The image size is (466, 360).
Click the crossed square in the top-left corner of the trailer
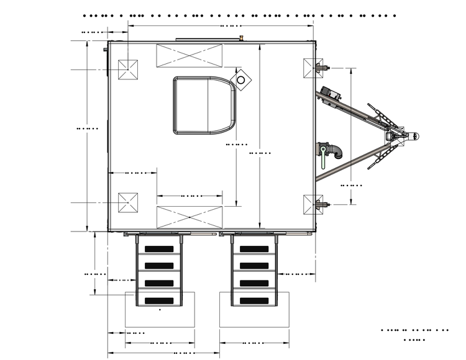click(128, 69)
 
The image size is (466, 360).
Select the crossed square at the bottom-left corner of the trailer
click(128, 202)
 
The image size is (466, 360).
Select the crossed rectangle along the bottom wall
click(189, 217)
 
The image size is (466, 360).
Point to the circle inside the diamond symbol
click(240, 79)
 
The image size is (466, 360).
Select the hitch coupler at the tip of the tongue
click(413, 134)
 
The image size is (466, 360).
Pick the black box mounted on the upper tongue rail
click(331, 93)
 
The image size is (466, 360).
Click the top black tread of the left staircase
click(160, 249)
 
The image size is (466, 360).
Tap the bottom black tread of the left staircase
click(160, 301)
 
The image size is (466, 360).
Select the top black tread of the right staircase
click(254, 249)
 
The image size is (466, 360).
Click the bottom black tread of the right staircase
click(254, 301)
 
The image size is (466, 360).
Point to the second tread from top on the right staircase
click(254, 266)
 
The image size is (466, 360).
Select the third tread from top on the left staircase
click(160, 284)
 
